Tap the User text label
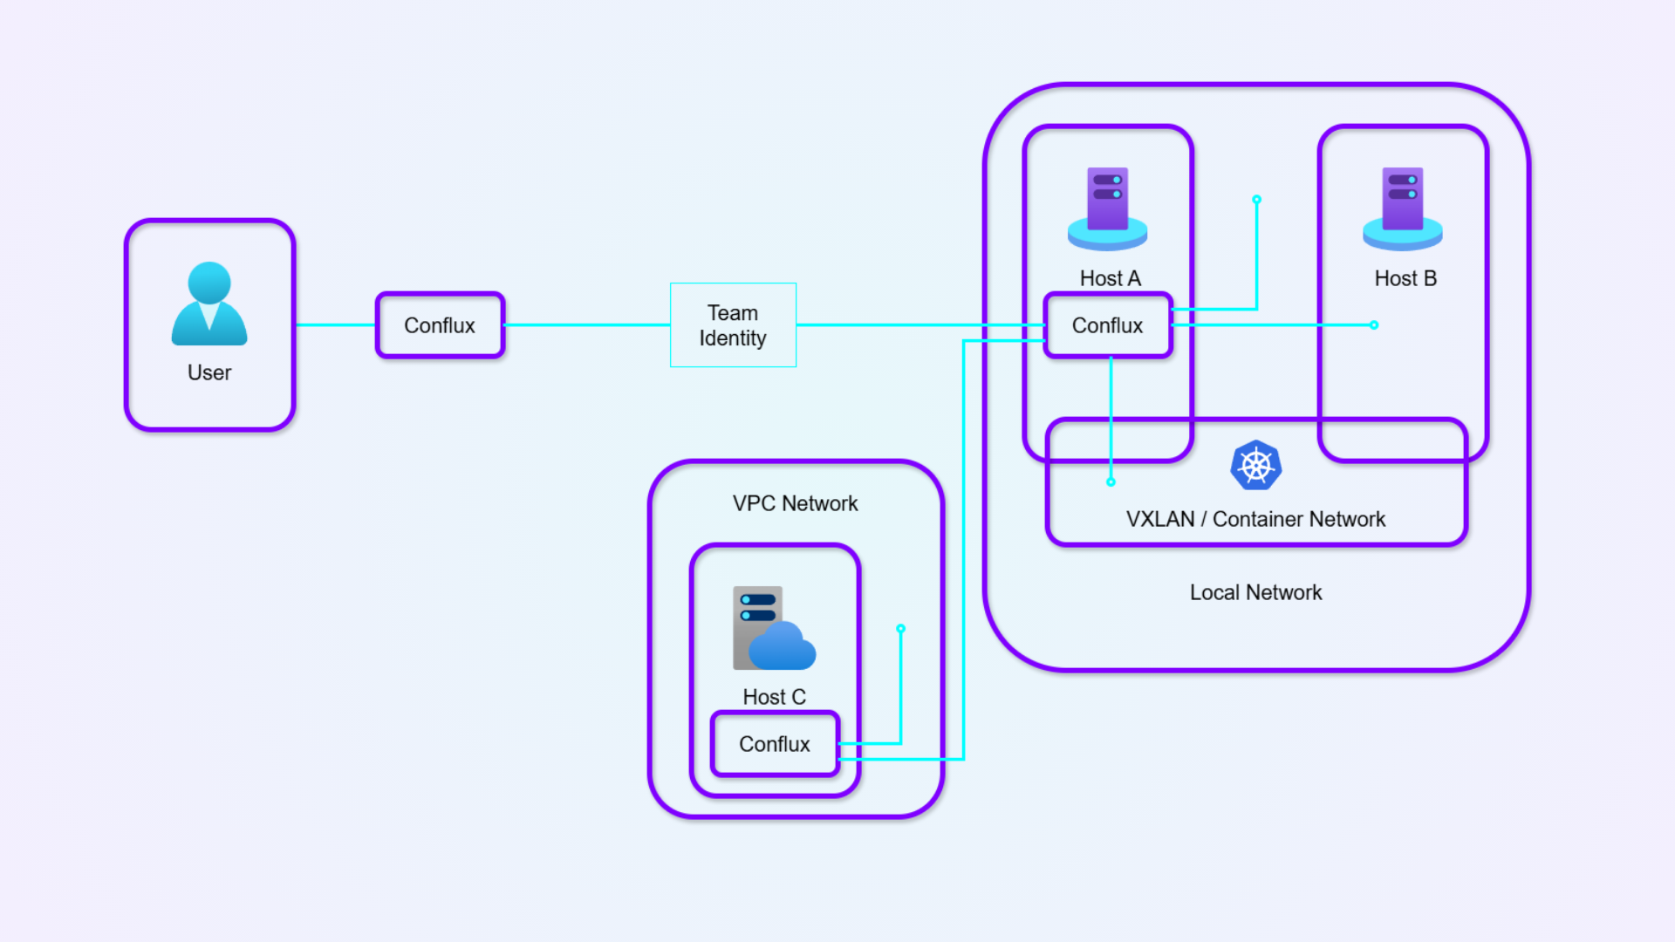[x=209, y=372]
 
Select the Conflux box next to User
[x=440, y=325]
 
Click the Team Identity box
[x=733, y=325]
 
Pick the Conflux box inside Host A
[x=1107, y=325]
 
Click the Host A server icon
[x=1107, y=208]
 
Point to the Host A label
[x=1110, y=278]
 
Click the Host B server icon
[x=1402, y=208]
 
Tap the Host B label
[x=1405, y=278]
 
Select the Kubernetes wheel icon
[x=1255, y=466]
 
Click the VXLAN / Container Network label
[x=1255, y=519]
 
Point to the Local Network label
[x=1255, y=592]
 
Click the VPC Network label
[x=795, y=503]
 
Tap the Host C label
[x=774, y=697]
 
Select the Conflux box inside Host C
[x=774, y=744]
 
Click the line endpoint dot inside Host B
[x=1374, y=325]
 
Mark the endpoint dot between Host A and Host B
[x=1256, y=200]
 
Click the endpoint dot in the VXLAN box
[x=1111, y=481]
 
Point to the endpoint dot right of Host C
[x=900, y=629]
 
